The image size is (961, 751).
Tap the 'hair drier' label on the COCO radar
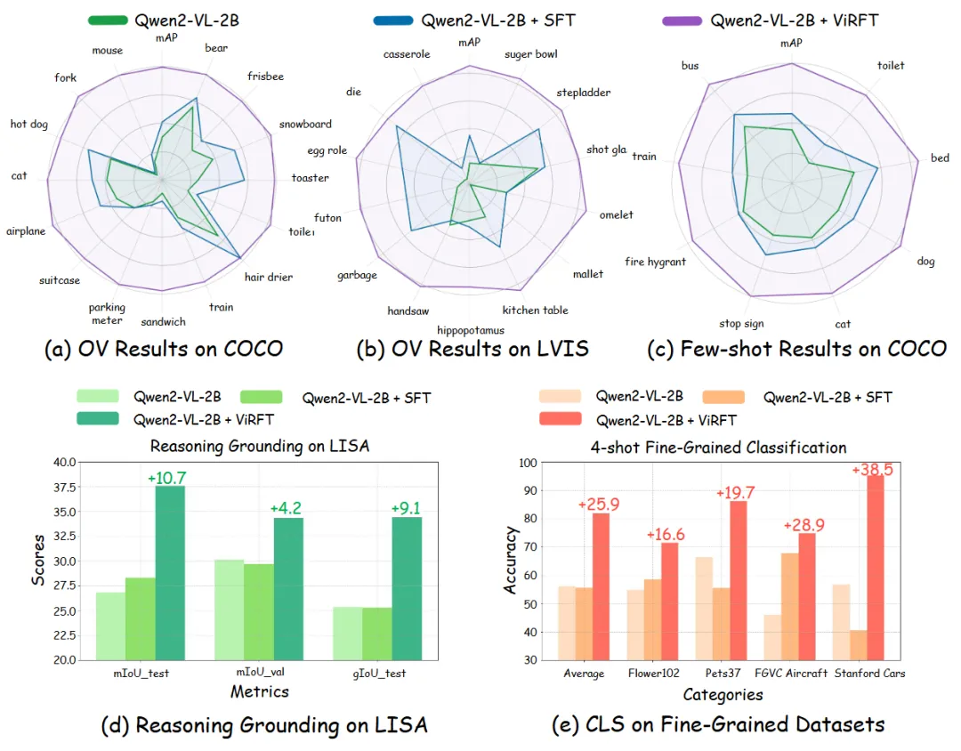[x=269, y=277]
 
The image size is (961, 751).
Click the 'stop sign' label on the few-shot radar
[x=741, y=324]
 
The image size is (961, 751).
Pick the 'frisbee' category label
[x=265, y=77]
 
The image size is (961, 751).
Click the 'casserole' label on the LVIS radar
[x=407, y=54]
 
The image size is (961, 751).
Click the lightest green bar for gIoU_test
[x=348, y=634]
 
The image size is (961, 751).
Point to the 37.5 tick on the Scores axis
[x=64, y=487]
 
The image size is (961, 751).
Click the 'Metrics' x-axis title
[x=259, y=690]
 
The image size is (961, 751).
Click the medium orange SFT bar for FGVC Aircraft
[x=790, y=607]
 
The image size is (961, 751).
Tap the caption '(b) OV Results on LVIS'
[x=472, y=348]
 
